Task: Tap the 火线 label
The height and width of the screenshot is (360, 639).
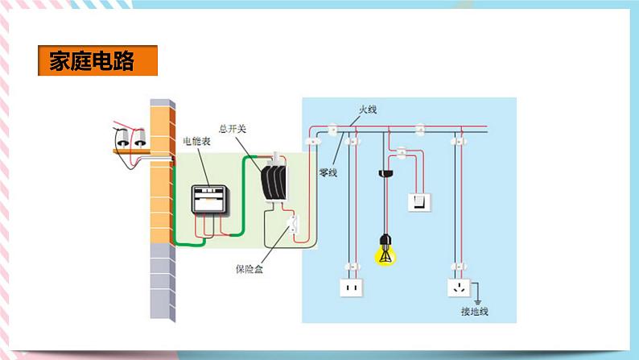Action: (x=368, y=109)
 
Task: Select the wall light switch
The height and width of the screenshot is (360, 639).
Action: (x=421, y=201)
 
